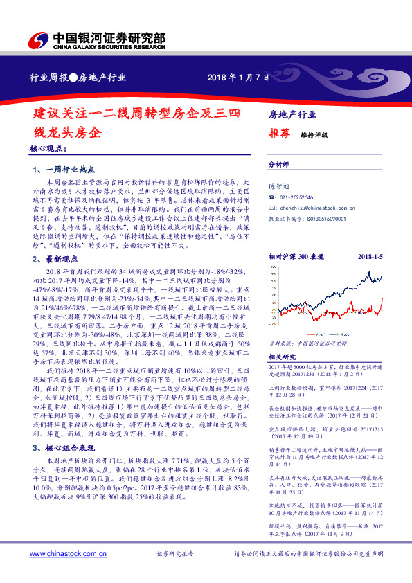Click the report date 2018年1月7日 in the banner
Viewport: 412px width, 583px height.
tap(238, 77)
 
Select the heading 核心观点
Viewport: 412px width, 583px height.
tap(48, 149)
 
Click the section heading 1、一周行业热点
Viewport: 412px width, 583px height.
tap(64, 170)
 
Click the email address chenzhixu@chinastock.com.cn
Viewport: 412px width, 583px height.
tap(318, 207)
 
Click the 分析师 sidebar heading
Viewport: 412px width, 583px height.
tap(278, 165)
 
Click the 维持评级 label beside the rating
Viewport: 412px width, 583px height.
tap(314, 136)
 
